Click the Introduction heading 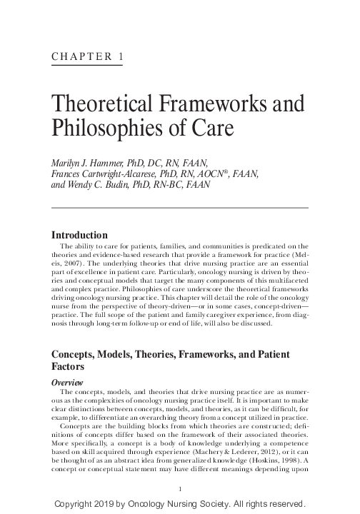(80, 235)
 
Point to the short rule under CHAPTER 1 (86, 66)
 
